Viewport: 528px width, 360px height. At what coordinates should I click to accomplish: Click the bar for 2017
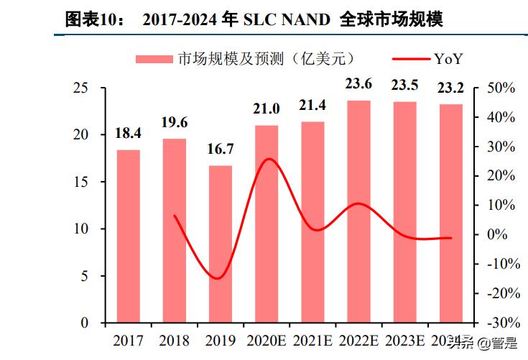[128, 236]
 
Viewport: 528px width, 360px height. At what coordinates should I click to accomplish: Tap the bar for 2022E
[358, 212]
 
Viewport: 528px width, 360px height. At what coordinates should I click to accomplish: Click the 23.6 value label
[358, 84]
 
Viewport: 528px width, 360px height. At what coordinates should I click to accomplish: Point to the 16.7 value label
[221, 149]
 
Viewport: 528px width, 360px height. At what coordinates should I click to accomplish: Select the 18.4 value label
[128, 133]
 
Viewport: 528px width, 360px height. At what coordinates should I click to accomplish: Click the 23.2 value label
[450, 88]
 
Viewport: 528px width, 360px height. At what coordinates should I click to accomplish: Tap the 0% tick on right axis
[496, 235]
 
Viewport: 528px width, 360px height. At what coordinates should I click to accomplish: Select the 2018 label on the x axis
[175, 340]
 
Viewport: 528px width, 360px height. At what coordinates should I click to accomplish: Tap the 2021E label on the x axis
[312, 340]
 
